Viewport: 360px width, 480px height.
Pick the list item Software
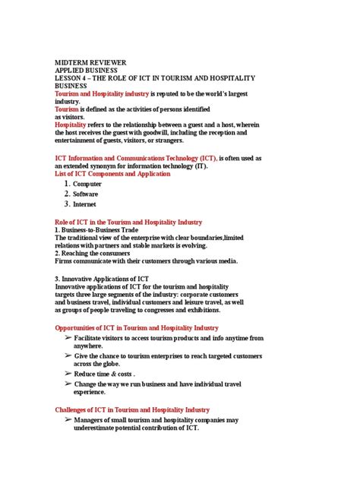pyautogui.click(x=85, y=194)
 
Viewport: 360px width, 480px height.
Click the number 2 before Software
pyautogui.click(x=67, y=194)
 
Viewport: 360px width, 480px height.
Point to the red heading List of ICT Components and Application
pyautogui.click(x=112, y=174)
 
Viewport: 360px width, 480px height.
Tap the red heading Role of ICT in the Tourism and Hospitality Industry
pyautogui.click(x=128, y=223)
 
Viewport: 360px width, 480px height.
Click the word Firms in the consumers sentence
pyautogui.click(x=64, y=261)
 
